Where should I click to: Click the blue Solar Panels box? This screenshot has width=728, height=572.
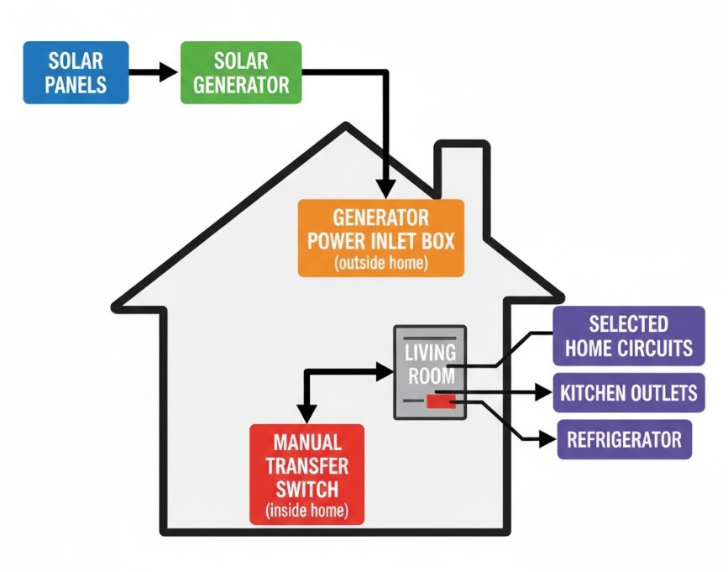76,72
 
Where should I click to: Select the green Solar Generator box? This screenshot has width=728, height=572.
240,72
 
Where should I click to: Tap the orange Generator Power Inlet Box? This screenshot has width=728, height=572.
380,238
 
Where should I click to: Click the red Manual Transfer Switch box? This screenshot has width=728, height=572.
307,475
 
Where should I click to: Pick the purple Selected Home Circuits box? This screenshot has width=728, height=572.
628,336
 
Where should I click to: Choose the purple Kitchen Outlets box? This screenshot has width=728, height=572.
628,392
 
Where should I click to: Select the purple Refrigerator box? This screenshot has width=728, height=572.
624,439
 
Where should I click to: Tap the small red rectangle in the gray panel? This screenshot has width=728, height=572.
440,401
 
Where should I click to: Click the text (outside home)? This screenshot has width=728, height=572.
380,262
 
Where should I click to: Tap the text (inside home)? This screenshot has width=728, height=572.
307,510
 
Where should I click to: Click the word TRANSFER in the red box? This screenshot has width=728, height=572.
307,465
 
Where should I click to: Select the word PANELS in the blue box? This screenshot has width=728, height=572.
76,85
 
